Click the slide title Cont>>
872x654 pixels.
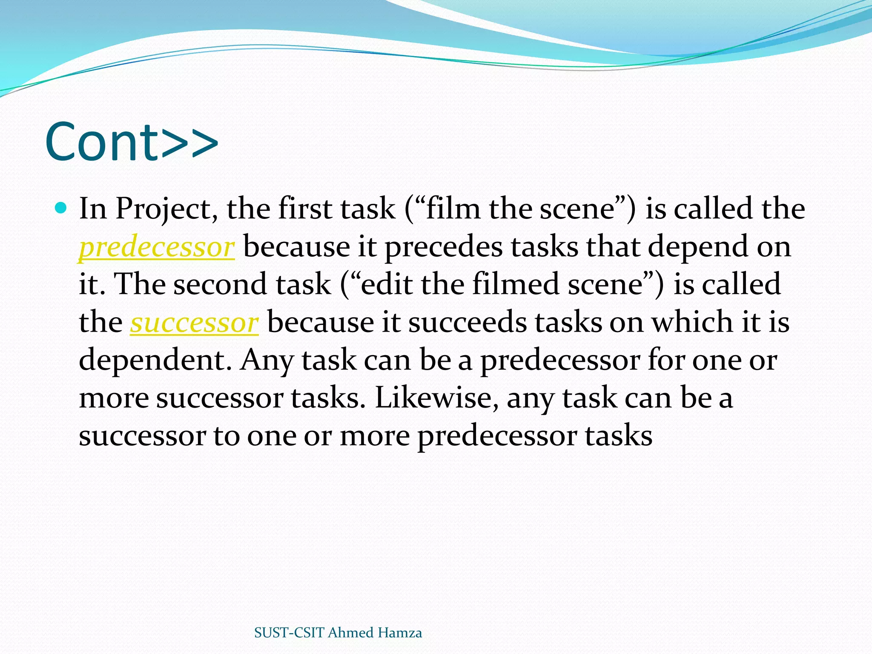(x=131, y=142)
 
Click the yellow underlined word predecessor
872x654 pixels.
(x=157, y=247)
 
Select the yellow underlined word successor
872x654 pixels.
(x=194, y=322)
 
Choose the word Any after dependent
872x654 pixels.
(x=266, y=361)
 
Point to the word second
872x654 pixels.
(x=220, y=284)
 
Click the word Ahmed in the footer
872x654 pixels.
(x=350, y=633)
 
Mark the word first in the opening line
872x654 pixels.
(x=304, y=209)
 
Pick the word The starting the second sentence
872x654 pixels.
(x=140, y=284)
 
